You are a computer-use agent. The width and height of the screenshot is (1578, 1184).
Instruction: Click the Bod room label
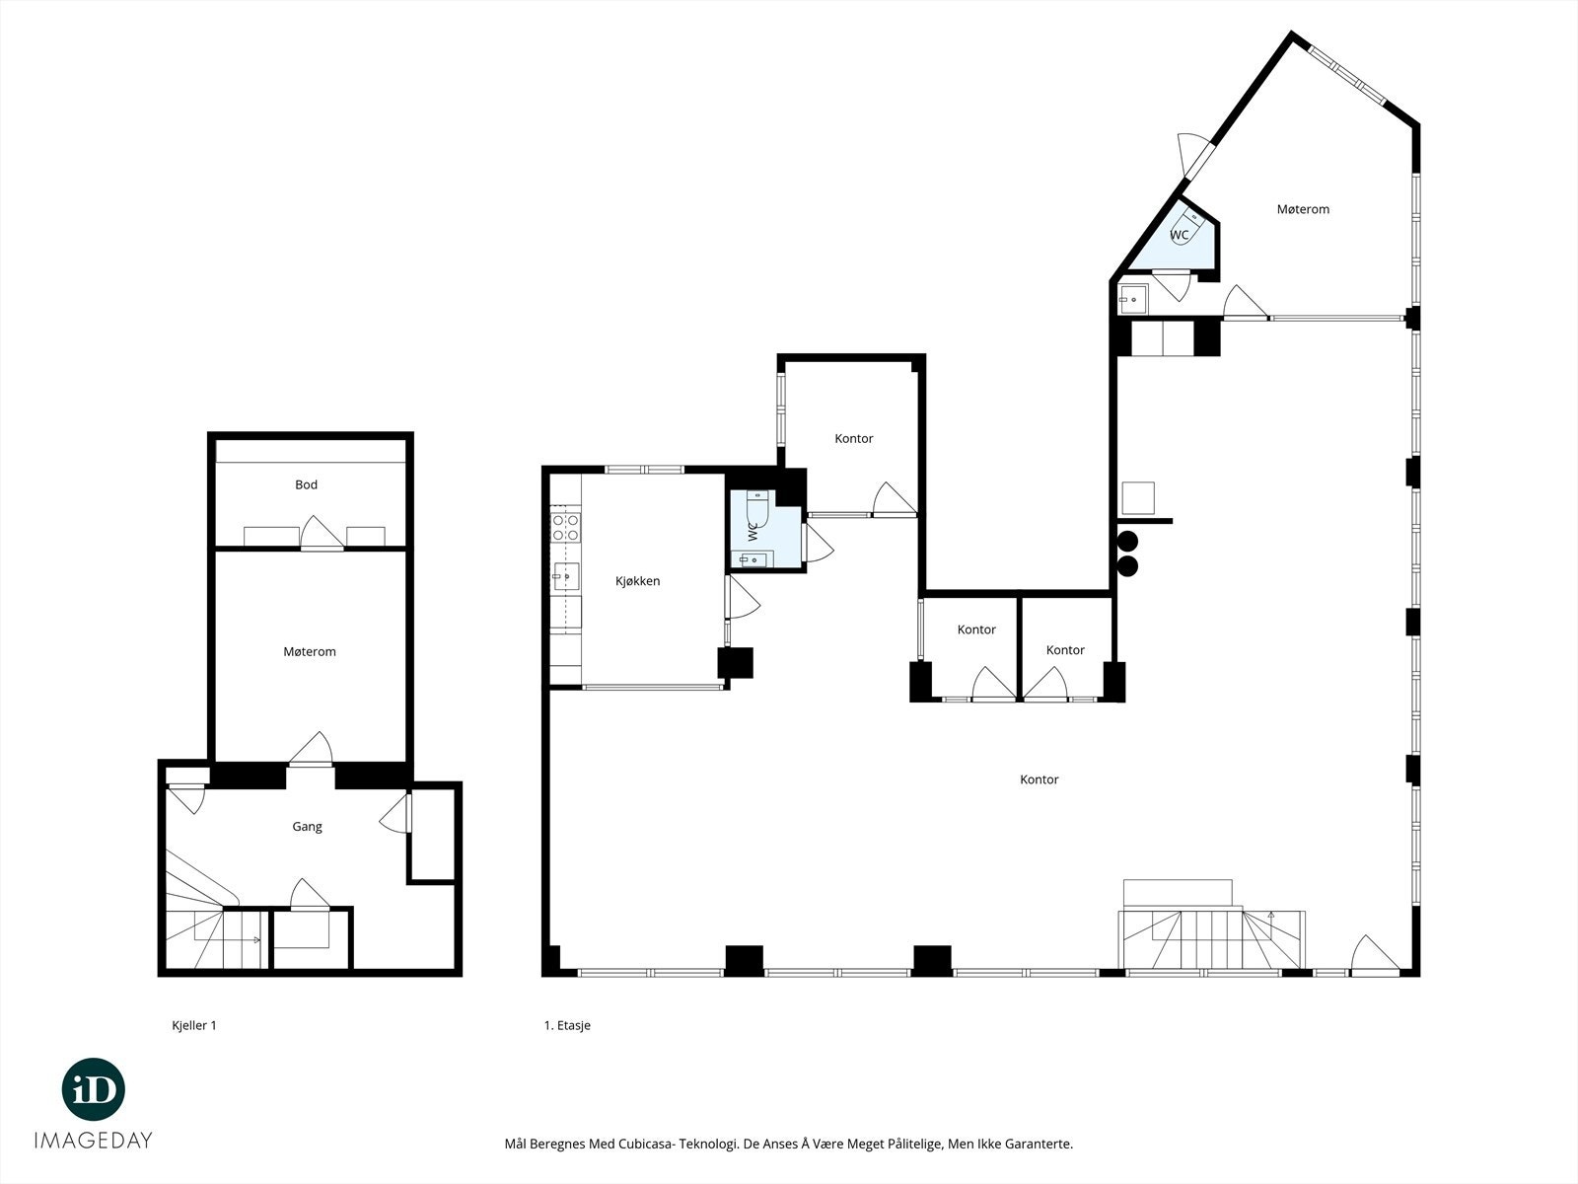click(x=306, y=484)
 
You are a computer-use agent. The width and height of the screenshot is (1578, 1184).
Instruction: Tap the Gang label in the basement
click(x=307, y=827)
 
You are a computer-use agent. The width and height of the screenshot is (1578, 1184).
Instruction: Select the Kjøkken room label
click(x=638, y=581)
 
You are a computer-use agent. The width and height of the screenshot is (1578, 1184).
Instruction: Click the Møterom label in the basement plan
click(x=309, y=651)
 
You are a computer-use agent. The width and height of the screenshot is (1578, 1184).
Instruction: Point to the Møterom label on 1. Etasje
click(x=1303, y=209)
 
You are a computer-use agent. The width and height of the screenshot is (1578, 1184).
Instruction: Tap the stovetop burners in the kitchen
click(x=565, y=527)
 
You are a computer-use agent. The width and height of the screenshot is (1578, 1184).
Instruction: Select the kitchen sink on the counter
click(x=565, y=576)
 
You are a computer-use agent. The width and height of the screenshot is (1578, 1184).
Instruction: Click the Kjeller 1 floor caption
click(x=194, y=1025)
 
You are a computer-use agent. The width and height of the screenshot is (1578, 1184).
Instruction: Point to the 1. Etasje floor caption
click(x=567, y=1025)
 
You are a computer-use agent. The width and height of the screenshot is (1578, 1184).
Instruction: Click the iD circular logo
click(x=94, y=1089)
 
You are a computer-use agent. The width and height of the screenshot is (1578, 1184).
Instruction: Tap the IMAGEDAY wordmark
click(x=94, y=1141)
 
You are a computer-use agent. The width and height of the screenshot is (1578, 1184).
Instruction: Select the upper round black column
click(x=1127, y=541)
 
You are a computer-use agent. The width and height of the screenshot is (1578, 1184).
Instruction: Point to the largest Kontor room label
click(x=1039, y=779)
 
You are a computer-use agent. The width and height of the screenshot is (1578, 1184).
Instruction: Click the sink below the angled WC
click(x=1133, y=299)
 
